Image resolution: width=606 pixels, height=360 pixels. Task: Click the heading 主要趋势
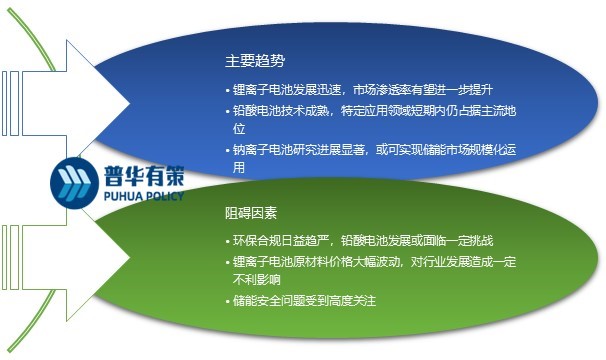click(255, 59)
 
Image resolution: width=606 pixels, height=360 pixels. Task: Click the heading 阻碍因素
click(255, 215)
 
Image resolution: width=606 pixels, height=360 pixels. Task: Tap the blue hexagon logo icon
click(71, 180)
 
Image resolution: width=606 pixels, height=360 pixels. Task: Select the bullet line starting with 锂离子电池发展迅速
click(370, 91)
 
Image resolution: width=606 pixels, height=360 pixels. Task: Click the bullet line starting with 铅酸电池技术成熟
click(380, 112)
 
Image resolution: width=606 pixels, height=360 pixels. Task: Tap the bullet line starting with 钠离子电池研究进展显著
click(380, 150)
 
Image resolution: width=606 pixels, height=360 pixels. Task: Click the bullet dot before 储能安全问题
click(227, 301)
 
